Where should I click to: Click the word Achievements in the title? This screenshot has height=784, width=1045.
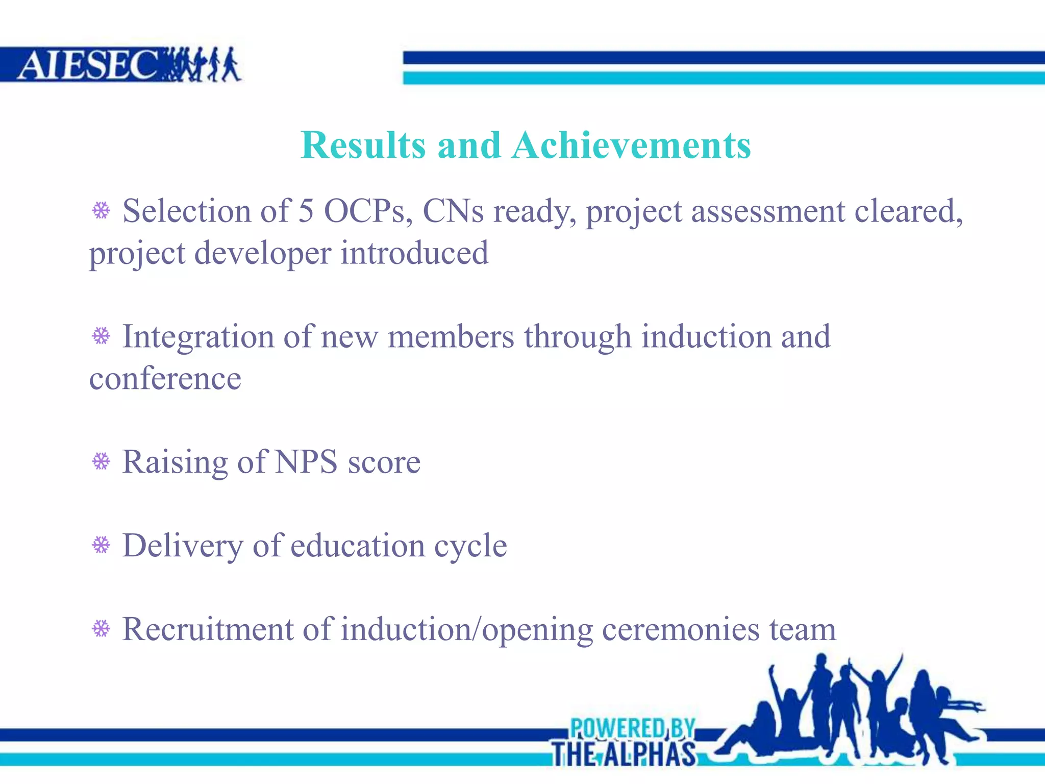coord(631,145)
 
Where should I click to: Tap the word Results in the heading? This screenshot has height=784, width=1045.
coord(363,145)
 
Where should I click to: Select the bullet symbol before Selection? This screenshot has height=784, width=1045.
coord(101,210)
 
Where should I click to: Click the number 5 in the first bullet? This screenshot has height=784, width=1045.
coord(306,210)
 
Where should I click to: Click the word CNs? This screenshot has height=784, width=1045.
coord(453,210)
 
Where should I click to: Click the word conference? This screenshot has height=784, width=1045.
coord(165,379)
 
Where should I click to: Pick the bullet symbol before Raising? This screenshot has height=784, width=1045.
coord(101,461)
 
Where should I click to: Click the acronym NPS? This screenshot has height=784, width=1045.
coord(306,462)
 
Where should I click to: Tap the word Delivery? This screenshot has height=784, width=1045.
coord(183,546)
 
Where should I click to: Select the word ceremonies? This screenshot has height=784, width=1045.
coord(681,629)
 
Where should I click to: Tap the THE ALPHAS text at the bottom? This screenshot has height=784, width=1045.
coord(624,754)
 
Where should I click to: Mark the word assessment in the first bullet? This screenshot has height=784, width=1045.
coord(768,210)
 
